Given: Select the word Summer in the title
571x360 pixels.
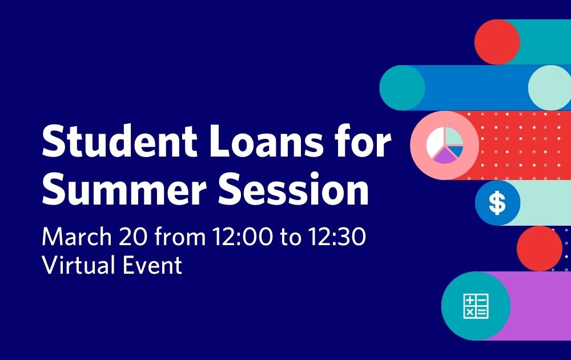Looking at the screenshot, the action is tap(124, 189).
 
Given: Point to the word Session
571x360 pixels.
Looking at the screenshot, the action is tap(293, 189).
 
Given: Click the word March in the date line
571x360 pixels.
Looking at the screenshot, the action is tap(77, 237).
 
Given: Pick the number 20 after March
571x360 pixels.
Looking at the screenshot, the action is tap(133, 237).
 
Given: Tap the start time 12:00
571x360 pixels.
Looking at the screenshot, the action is tap(242, 237).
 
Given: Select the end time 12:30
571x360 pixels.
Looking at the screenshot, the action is tap(337, 237).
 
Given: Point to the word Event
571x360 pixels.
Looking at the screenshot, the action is tap(152, 265).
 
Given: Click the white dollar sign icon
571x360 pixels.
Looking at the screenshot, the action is tap(497, 203).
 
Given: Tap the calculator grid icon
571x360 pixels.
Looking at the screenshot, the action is tap(476, 306).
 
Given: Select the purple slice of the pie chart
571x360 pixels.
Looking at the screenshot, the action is tap(444, 156).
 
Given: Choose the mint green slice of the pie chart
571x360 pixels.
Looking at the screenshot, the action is tap(454, 137).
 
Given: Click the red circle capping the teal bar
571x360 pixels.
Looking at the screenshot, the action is tap(497, 42).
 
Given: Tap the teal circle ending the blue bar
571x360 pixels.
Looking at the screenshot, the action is tap(402, 87).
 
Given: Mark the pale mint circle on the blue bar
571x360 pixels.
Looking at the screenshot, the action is tap(550, 87).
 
